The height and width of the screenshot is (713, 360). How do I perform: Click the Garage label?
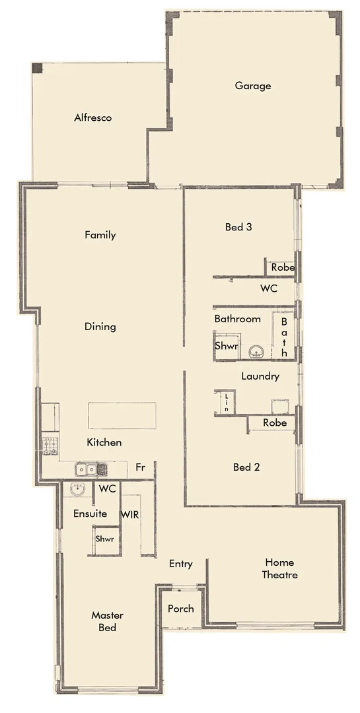(252, 86)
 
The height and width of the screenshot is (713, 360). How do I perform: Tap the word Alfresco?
(92, 118)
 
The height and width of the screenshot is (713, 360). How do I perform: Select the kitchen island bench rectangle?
(122, 416)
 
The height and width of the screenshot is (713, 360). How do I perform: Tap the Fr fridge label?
(140, 467)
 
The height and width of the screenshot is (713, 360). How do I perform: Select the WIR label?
(130, 514)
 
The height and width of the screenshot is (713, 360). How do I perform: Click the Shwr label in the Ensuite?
(105, 539)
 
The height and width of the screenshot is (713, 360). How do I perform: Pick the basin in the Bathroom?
(257, 351)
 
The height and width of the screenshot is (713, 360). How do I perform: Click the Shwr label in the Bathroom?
(225, 346)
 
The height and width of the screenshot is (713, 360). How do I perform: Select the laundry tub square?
(279, 407)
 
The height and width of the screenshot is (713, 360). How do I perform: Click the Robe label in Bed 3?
(280, 268)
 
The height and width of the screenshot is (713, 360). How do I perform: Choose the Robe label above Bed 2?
(274, 423)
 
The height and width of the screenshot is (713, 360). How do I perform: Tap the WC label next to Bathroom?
(268, 289)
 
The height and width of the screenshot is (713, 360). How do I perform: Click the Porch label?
(180, 608)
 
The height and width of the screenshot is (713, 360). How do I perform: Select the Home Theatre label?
(281, 568)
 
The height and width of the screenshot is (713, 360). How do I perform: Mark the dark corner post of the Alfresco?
(38, 69)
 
